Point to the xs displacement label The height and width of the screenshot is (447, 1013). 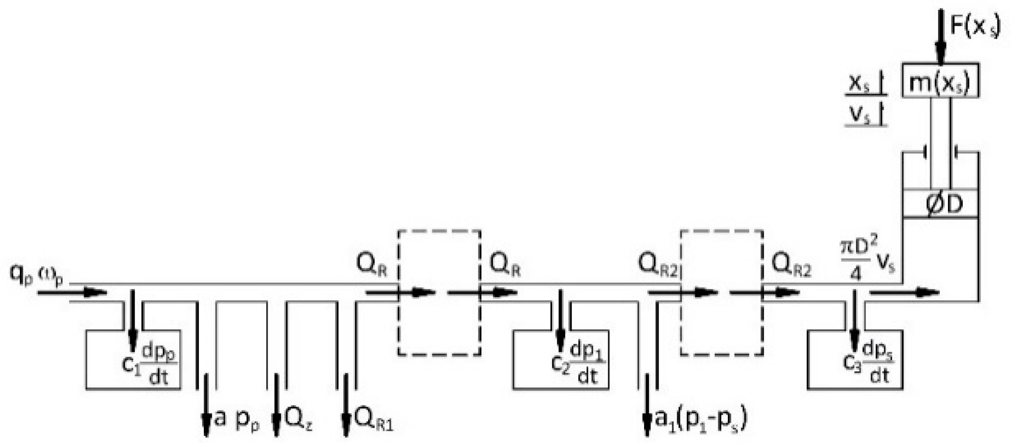coord(859,84)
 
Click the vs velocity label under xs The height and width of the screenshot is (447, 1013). coord(860,115)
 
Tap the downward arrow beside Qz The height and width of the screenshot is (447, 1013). coord(276,405)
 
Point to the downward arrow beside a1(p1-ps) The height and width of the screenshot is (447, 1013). coord(647,405)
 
